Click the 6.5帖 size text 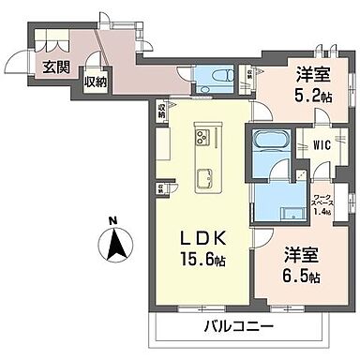click(x=302, y=277)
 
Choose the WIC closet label click(x=319, y=145)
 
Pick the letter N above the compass click(x=113, y=221)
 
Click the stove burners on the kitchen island click(x=203, y=139)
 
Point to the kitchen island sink click(x=202, y=174)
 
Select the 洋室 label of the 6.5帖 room click(x=302, y=253)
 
